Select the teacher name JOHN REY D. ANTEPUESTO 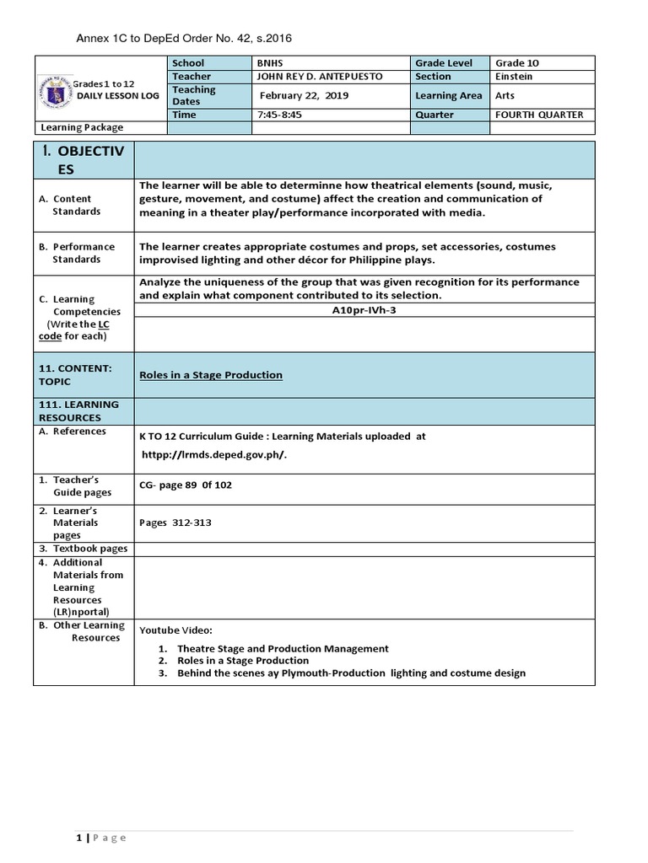pyautogui.click(x=320, y=76)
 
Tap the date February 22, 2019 pyautogui.click(x=304, y=95)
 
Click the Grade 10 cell pyautogui.click(x=517, y=63)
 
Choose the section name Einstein pyautogui.click(x=514, y=76)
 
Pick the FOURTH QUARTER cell pyautogui.click(x=539, y=115)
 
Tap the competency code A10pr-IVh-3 pyautogui.click(x=364, y=309)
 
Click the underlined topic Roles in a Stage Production pyautogui.click(x=211, y=375)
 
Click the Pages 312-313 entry pyautogui.click(x=175, y=523)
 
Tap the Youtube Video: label pyautogui.click(x=176, y=630)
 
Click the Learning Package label pyautogui.click(x=82, y=127)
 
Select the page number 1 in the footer pyautogui.click(x=78, y=837)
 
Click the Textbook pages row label pyautogui.click(x=89, y=549)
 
